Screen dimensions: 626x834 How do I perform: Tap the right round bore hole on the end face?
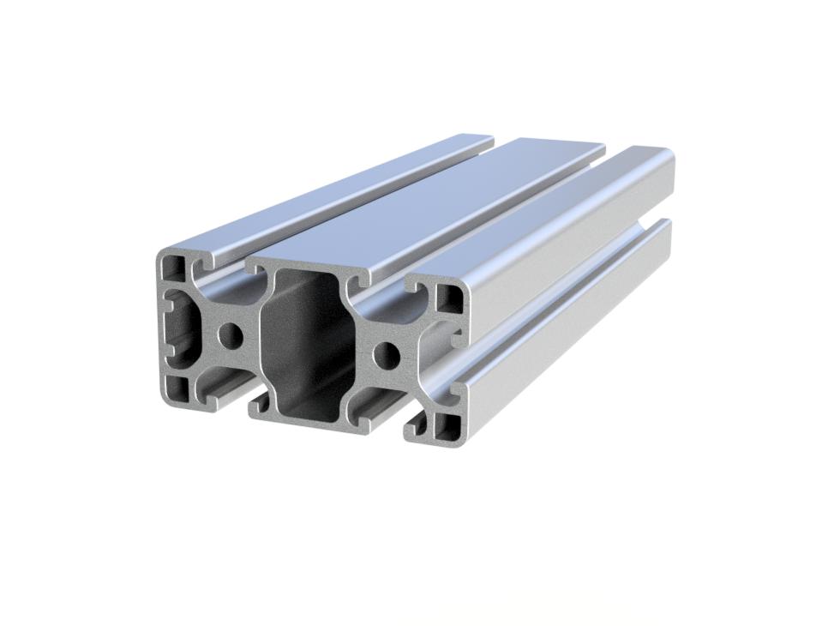[x=387, y=352]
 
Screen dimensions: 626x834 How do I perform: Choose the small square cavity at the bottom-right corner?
[x=447, y=424]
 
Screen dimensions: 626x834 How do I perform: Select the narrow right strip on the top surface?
[x=549, y=214]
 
